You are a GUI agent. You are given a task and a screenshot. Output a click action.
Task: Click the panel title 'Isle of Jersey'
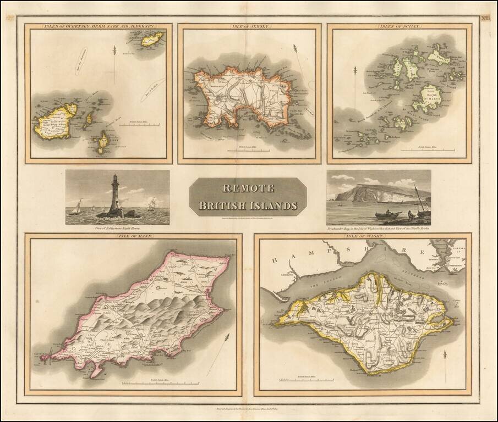(249, 26)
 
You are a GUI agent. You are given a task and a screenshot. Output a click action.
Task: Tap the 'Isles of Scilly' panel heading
(398, 26)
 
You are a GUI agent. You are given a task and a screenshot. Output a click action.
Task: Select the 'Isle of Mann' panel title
(133, 236)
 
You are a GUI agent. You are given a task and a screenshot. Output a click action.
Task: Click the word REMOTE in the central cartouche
(248, 188)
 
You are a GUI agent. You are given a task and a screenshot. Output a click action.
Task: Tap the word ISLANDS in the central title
(272, 206)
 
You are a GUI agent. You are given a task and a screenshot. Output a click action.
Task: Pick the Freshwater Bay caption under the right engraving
(379, 227)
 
